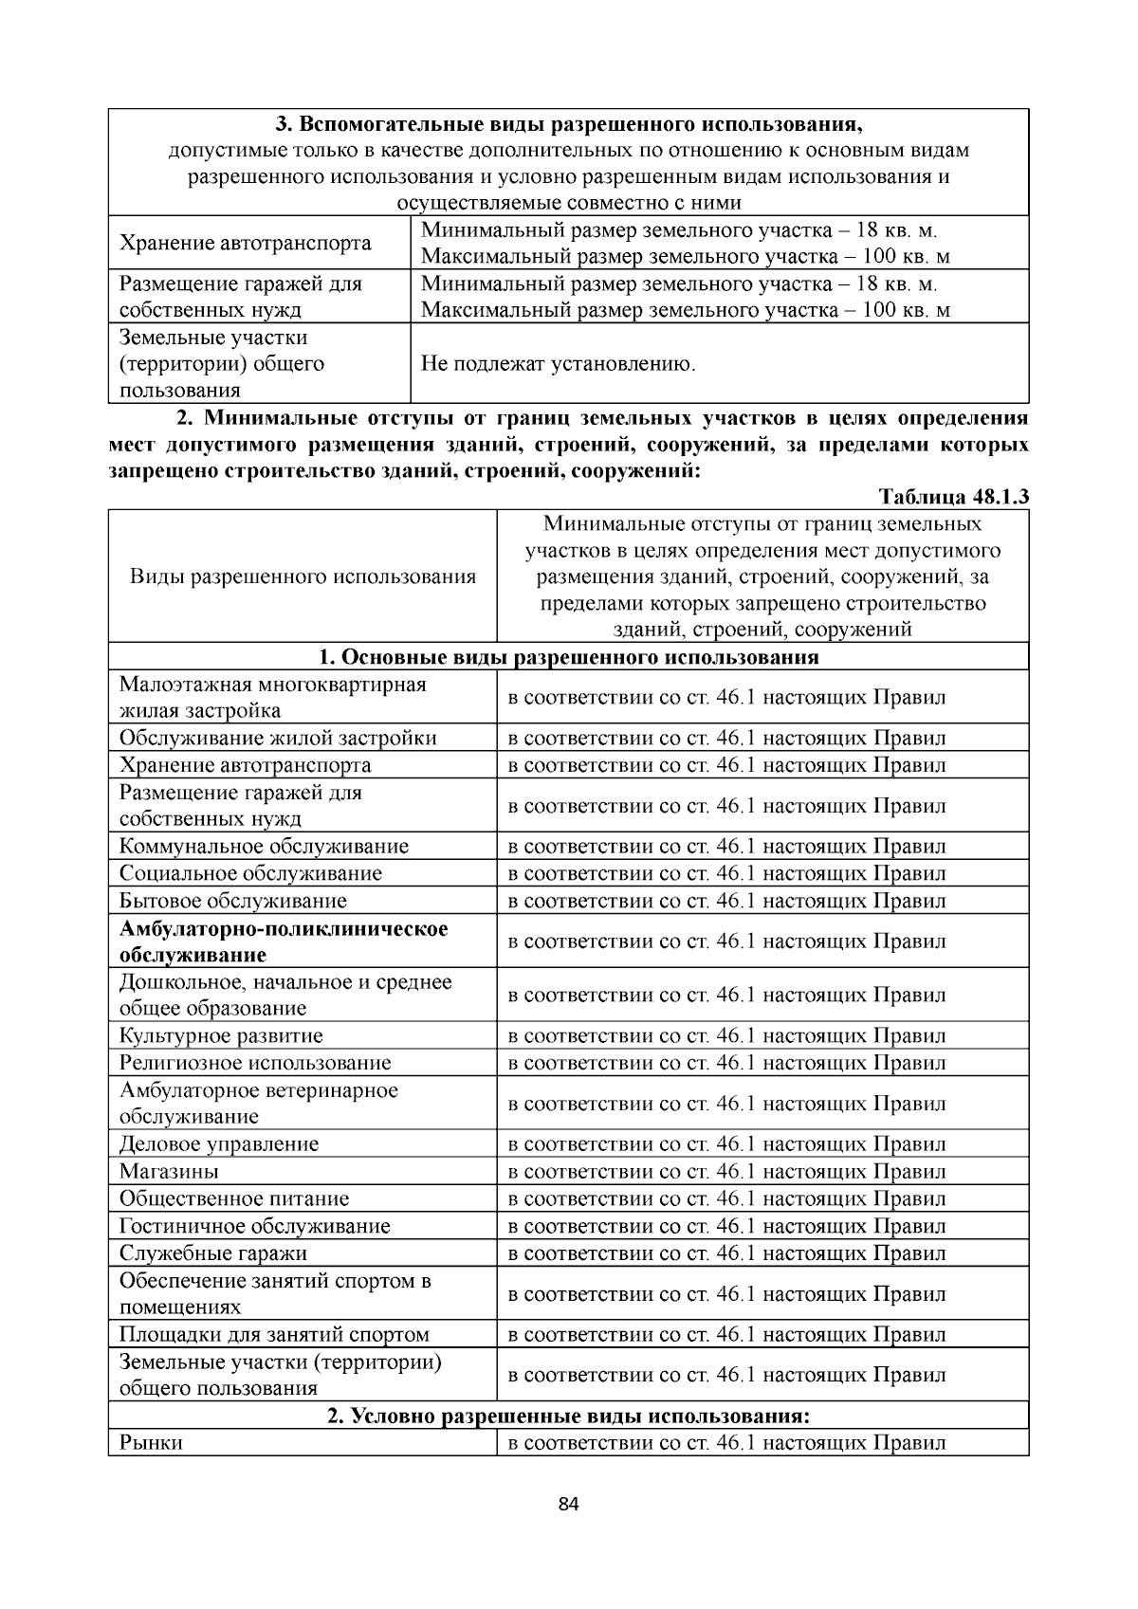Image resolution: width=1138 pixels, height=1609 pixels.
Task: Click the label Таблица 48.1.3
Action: [953, 497]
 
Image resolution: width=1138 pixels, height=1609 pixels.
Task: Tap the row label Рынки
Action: [151, 1442]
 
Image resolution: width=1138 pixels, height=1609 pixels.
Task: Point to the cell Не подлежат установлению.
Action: [558, 364]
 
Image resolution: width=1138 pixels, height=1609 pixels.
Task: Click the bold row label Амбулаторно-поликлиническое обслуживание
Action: [284, 942]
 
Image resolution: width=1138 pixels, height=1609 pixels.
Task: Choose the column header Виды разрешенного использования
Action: [303, 576]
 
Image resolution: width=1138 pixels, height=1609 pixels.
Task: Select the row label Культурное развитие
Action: [221, 1035]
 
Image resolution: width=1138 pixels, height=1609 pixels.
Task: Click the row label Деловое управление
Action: [219, 1143]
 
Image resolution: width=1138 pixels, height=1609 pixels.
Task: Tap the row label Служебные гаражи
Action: [213, 1252]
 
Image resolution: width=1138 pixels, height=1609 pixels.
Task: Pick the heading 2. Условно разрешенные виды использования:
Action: [568, 1416]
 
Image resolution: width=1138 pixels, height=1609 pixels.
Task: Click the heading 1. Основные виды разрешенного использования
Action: [568, 657]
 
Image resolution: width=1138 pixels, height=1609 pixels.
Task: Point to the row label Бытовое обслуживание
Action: [233, 900]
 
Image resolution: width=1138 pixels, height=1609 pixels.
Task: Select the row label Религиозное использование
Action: [255, 1063]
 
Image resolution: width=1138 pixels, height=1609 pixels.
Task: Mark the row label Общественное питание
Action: [234, 1198]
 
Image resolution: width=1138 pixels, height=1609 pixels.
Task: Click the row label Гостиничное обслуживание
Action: [254, 1226]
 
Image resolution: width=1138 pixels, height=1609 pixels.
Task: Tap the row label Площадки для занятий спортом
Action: [274, 1334]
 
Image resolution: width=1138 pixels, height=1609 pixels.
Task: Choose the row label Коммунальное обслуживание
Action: [264, 846]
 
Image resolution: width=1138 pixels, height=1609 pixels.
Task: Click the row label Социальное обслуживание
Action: [250, 873]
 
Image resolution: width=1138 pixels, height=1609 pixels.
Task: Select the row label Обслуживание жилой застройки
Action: [278, 738]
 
